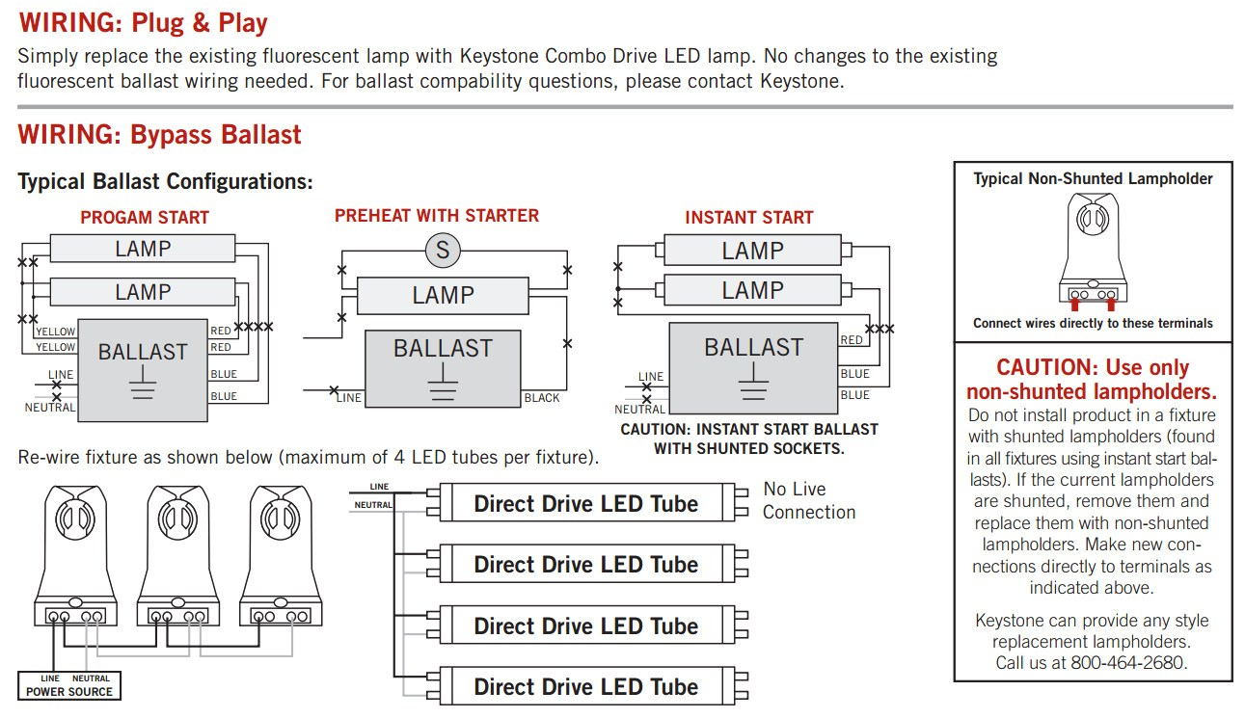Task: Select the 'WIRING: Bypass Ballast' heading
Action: pyautogui.click(x=159, y=134)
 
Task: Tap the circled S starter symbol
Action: pyautogui.click(x=443, y=251)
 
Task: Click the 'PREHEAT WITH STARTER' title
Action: pyautogui.click(x=437, y=216)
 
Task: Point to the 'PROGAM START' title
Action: pyautogui.click(x=145, y=218)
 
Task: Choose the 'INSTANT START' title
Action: pyautogui.click(x=749, y=218)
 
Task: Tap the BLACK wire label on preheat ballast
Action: pyautogui.click(x=542, y=398)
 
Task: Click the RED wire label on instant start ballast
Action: pyautogui.click(x=852, y=339)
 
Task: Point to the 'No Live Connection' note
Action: pyautogui.click(x=808, y=500)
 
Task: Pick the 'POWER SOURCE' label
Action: pyautogui.click(x=69, y=691)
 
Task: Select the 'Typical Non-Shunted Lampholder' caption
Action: pyautogui.click(x=1093, y=178)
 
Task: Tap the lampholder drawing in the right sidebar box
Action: pyautogui.click(x=1093, y=250)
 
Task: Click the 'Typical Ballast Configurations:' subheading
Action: pyautogui.click(x=165, y=181)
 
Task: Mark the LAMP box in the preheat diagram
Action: pyautogui.click(x=443, y=295)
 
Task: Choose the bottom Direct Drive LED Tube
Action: pyautogui.click(x=585, y=687)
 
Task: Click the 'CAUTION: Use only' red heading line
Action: pyautogui.click(x=1093, y=367)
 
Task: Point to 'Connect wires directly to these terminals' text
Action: pyautogui.click(x=1093, y=323)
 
